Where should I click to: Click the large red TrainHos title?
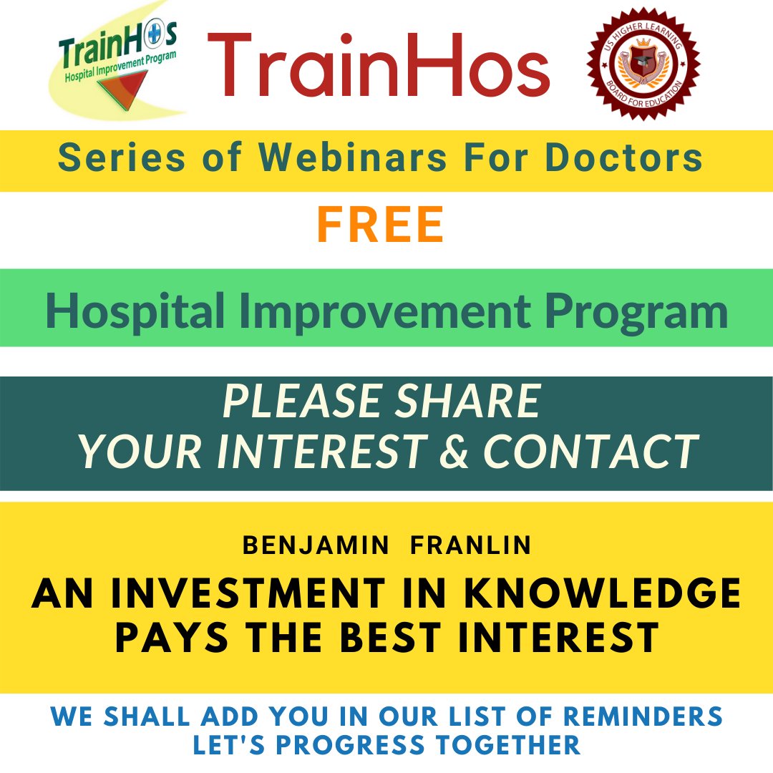[x=379, y=66]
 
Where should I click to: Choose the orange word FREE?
[x=381, y=225]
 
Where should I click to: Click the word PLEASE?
[x=300, y=402]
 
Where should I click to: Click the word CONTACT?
[x=590, y=451]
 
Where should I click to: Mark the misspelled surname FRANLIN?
[x=471, y=545]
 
